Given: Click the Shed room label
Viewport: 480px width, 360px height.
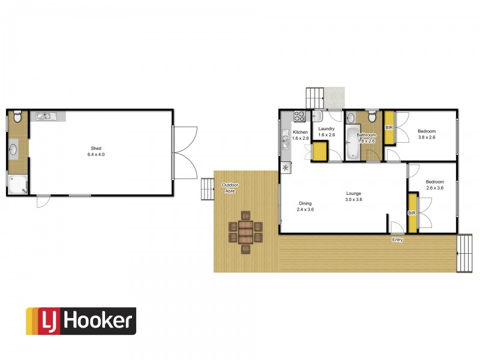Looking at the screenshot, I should coord(96,148).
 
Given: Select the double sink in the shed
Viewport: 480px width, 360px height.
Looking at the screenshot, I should coord(46,116).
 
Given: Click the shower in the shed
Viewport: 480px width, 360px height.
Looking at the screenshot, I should coord(16,184).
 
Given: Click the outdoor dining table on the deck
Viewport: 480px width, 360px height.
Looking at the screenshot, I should coord(245,231).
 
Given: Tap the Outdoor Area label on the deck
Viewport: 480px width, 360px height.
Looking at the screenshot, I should coord(229,188).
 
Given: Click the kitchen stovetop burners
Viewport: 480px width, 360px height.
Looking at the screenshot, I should coord(299,115).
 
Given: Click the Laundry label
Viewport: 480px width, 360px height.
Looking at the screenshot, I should coord(326,129).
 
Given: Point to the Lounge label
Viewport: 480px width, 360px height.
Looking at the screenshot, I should coord(353,193).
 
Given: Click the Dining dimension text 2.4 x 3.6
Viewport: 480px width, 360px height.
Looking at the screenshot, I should coord(306,210).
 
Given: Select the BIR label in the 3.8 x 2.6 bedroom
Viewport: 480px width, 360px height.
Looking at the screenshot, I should coord(389,128).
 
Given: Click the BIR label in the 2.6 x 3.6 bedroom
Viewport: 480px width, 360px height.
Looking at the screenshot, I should coord(412,213).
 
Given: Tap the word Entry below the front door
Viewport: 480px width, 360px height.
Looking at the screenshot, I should coord(397,240).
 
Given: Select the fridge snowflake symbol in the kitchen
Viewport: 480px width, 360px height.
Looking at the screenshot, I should coord(286,167).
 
